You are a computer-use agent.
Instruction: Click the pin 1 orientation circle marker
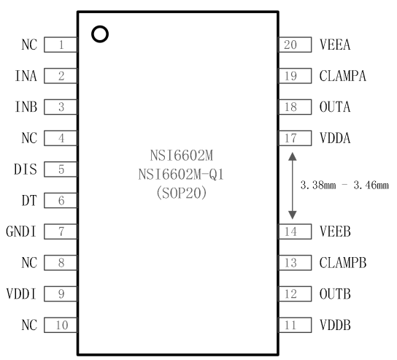[x=99, y=34]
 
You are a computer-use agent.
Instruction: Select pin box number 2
[x=61, y=76]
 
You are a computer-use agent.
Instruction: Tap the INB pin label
[x=26, y=107]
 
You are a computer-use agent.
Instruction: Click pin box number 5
[x=61, y=169]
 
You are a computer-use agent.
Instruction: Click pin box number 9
[x=61, y=294]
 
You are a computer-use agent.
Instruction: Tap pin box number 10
[x=61, y=325]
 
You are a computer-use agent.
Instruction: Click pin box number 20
[x=290, y=45]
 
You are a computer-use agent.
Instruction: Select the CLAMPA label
[x=343, y=76]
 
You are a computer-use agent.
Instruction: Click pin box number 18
[x=290, y=107]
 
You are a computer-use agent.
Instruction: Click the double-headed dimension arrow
[x=292, y=185]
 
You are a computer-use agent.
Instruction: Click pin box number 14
[x=290, y=231]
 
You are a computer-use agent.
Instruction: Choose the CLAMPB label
[x=343, y=263]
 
